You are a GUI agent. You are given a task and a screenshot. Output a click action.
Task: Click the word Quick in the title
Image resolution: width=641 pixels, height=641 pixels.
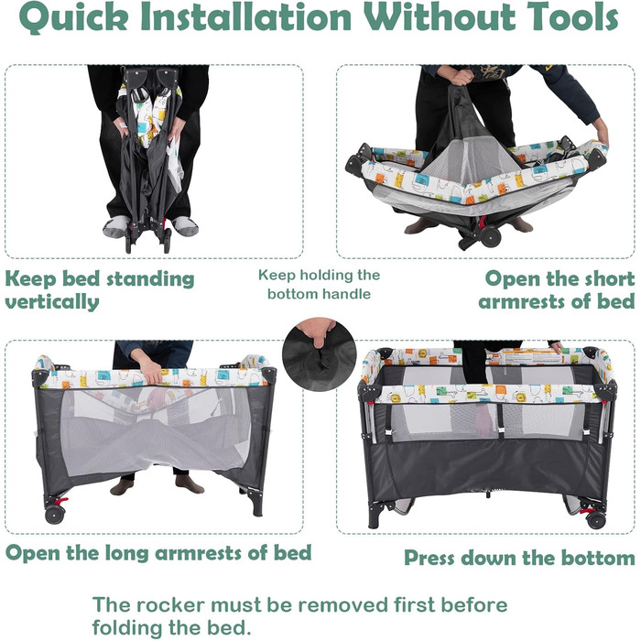73,17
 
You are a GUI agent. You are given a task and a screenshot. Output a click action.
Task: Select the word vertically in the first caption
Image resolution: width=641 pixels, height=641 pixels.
52,302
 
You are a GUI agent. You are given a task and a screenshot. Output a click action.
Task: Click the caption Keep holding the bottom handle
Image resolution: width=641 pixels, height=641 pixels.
319,284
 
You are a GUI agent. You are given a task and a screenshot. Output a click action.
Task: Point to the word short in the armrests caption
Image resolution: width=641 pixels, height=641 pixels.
610,278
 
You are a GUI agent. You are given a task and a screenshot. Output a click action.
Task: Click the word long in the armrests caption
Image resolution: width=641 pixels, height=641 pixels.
126,553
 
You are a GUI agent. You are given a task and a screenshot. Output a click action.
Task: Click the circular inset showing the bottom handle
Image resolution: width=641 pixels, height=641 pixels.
319,355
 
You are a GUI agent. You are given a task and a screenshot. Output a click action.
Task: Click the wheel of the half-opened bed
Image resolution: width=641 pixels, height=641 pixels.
490,236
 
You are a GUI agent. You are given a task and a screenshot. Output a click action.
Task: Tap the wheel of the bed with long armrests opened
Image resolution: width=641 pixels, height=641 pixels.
55,515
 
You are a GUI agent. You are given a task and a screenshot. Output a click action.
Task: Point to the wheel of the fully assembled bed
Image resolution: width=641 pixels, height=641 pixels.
595,519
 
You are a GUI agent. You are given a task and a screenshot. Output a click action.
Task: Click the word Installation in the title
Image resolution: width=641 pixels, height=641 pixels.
245,16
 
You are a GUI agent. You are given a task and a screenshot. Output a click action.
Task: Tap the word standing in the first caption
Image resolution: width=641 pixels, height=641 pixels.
150,279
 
